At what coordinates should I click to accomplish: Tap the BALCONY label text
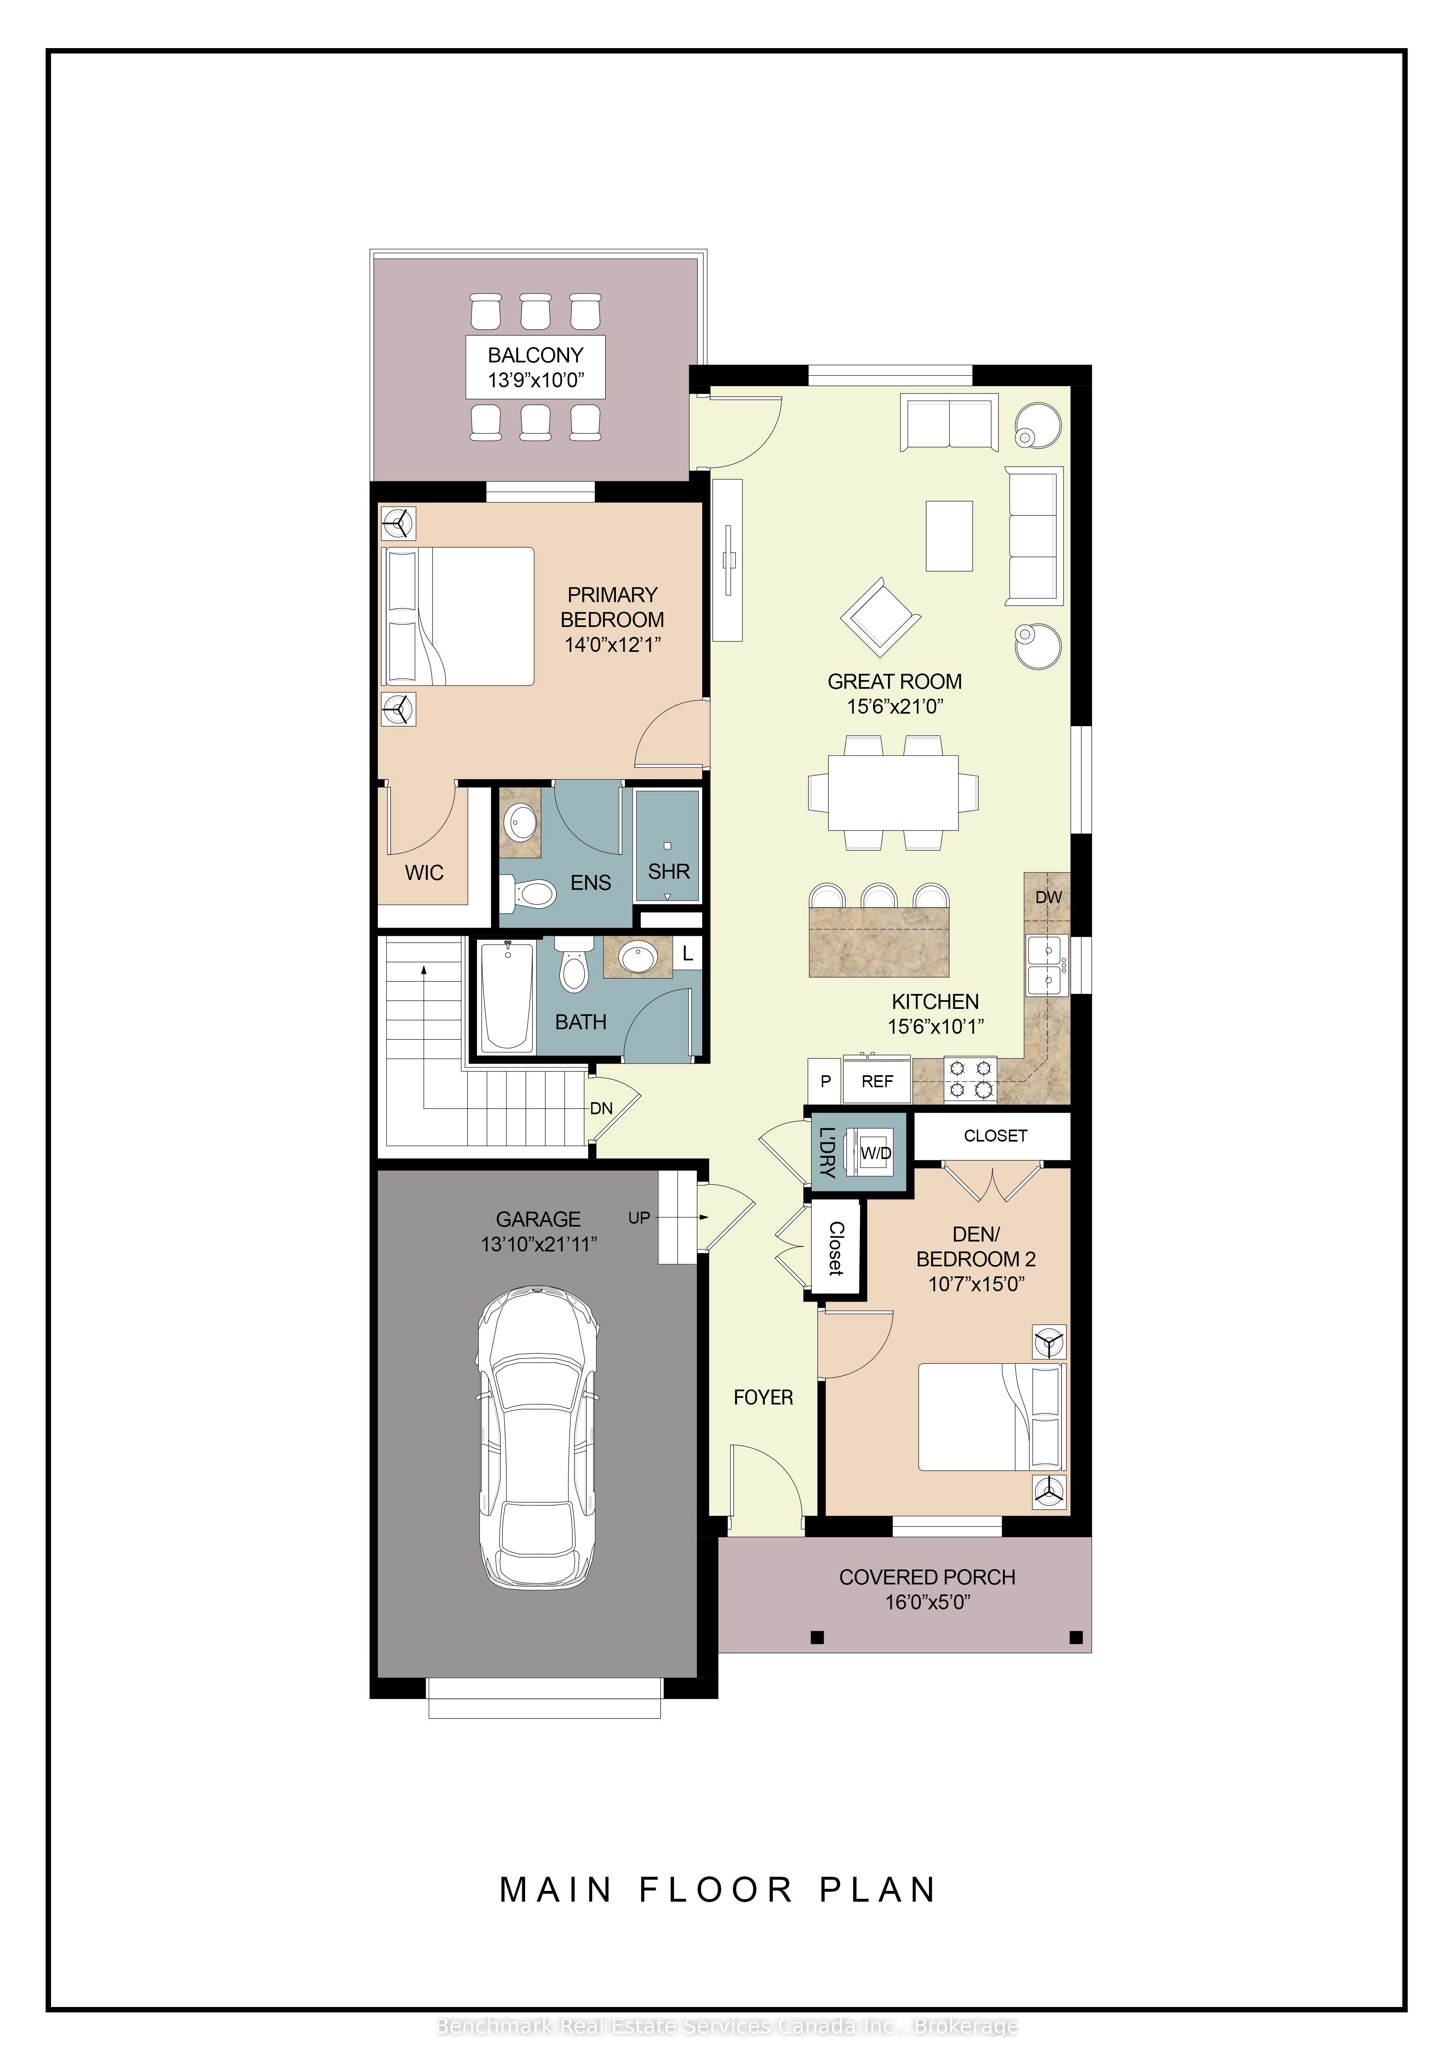pos(535,355)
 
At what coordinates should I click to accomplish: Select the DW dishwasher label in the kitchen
pos(1048,897)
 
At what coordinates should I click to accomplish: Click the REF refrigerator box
pos(877,1082)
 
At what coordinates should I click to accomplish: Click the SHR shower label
pos(669,871)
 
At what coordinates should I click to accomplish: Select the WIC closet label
pos(424,873)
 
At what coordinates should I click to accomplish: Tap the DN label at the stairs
pos(601,1109)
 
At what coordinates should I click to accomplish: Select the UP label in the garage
pos(638,1218)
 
